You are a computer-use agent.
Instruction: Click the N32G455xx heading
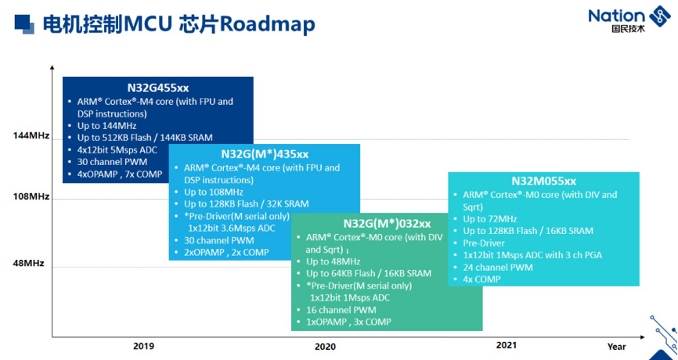[158, 88]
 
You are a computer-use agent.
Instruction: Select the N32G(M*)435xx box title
[265, 154]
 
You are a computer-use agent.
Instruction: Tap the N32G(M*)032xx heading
[387, 223]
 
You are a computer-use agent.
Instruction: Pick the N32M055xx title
[544, 181]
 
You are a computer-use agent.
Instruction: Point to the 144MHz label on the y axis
[31, 135]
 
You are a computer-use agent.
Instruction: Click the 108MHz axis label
[31, 196]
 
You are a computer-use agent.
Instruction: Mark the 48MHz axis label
[28, 263]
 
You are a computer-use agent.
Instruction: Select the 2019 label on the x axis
[143, 346]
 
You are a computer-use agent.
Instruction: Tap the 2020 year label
[325, 347]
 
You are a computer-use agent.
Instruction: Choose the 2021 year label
[506, 345]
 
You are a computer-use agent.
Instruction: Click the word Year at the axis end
[617, 347]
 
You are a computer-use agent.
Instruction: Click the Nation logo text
[616, 16]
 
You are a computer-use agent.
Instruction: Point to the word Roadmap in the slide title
[267, 24]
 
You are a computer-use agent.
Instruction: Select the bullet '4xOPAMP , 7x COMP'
[120, 175]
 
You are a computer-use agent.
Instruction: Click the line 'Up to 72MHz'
[490, 219]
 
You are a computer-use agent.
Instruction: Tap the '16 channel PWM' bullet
[341, 310]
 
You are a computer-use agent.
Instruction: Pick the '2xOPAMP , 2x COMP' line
[226, 252]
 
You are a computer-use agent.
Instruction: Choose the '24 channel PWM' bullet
[498, 268]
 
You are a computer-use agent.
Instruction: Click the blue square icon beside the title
[24, 23]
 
